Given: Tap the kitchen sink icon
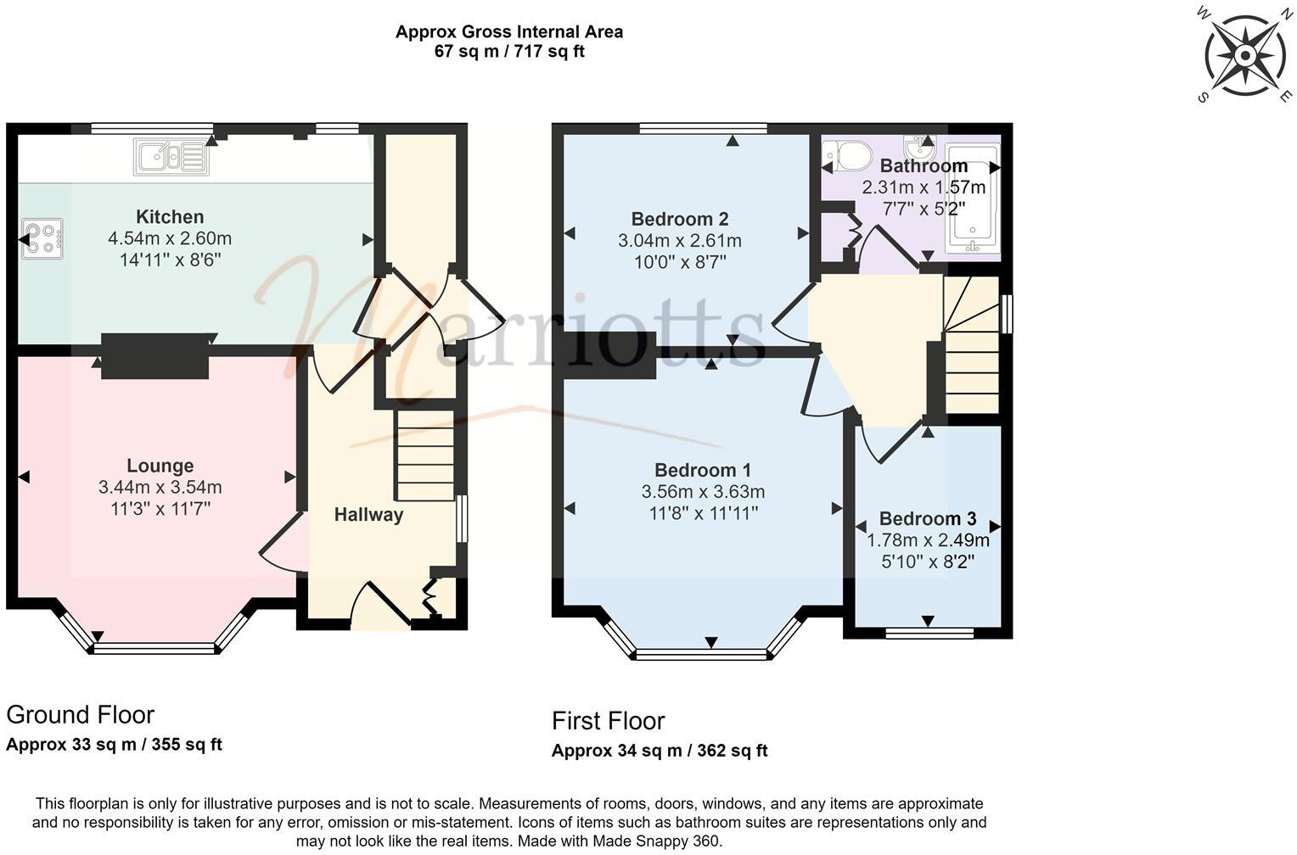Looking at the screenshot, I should pyautogui.click(x=171, y=158).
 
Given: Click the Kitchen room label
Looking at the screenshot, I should pyautogui.click(x=170, y=216).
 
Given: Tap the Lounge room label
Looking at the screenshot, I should pyautogui.click(x=160, y=466).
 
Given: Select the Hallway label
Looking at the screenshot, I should pyautogui.click(x=368, y=515).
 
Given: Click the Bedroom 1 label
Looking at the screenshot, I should pyautogui.click(x=703, y=470).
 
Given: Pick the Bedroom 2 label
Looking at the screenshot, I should pyautogui.click(x=679, y=219).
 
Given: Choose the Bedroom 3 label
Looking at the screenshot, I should pyautogui.click(x=928, y=518).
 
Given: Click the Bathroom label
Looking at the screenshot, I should pyautogui.click(x=924, y=165).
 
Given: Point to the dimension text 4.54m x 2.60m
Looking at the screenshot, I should pyautogui.click(x=170, y=238).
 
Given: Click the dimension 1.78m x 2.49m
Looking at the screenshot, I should pyautogui.click(x=928, y=540).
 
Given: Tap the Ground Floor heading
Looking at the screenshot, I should pyautogui.click(x=81, y=714).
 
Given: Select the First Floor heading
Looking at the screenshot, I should pyautogui.click(x=608, y=721).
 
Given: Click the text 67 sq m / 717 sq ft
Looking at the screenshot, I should pyautogui.click(x=509, y=52).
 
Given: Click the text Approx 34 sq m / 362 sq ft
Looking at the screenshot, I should pyautogui.click(x=660, y=751).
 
